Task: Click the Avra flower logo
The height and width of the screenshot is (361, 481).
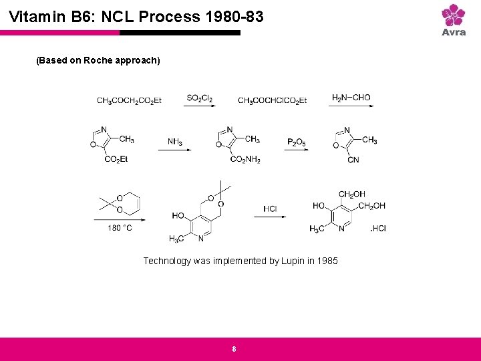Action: pos(454,15)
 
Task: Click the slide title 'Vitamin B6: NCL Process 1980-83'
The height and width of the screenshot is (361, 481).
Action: pos(137,16)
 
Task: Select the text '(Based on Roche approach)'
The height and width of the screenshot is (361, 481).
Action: pos(98,60)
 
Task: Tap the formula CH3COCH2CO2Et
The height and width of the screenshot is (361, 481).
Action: pos(129,100)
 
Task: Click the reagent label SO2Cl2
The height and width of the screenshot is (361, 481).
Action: pos(200,98)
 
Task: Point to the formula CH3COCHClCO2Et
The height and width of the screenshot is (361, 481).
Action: pos(272,100)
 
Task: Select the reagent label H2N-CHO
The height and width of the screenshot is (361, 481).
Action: pos(351,98)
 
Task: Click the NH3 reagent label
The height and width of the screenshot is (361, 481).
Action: pos(175,142)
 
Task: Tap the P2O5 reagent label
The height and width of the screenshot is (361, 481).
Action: pos(296,142)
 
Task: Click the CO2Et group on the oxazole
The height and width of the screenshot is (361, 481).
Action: pos(116,159)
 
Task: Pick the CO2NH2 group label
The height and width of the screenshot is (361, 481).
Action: pos(245,160)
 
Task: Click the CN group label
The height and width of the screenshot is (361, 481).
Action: pos(353,160)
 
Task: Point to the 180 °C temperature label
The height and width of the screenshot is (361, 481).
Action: pos(120,228)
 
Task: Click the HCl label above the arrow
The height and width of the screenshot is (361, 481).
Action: pos(270,209)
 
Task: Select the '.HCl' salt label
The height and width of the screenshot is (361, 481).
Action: pos(378,229)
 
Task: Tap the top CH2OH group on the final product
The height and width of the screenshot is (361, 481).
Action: pos(351,195)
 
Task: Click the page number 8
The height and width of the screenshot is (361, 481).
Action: pos(234,349)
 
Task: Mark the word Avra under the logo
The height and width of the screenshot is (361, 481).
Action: pos(454,32)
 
